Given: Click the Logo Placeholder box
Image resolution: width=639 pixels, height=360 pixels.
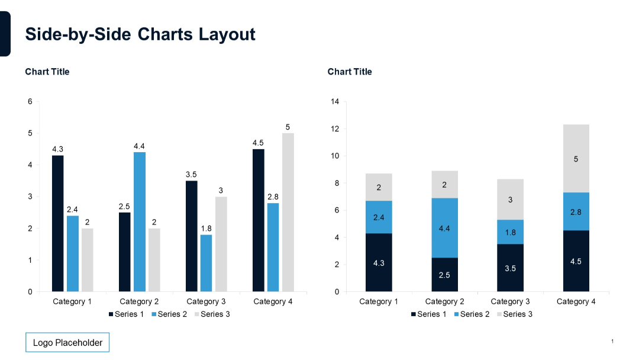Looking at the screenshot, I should click(x=67, y=342).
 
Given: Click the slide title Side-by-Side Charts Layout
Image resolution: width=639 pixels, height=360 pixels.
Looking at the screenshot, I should click(x=140, y=34).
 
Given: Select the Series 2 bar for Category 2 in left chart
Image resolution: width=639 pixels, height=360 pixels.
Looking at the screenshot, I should click(x=139, y=222).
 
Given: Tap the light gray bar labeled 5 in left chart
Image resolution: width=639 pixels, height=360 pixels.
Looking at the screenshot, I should click(x=288, y=213).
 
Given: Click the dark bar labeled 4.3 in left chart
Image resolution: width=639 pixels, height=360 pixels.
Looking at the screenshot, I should click(x=57, y=223).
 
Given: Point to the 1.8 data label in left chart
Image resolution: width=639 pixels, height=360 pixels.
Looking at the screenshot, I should click(x=206, y=229).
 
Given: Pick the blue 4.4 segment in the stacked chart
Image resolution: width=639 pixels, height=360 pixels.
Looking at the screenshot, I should click(x=444, y=228).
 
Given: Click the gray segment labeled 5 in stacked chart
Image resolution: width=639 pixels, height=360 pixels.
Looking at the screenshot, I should click(x=576, y=159).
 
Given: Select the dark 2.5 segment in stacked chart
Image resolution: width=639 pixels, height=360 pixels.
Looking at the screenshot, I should click(x=444, y=274).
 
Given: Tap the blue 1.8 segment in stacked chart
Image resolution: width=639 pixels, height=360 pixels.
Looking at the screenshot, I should click(x=510, y=232).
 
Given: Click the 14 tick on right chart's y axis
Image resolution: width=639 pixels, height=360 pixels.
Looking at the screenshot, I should click(x=335, y=102).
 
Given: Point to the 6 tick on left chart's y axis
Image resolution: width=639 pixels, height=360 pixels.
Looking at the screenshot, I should click(x=30, y=102).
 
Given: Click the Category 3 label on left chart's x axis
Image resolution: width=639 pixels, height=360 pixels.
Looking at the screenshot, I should click(x=206, y=301).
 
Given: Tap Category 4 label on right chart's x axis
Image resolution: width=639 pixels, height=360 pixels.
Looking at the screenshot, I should click(x=576, y=301).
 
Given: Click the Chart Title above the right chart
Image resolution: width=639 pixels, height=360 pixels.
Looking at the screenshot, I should click(x=350, y=72).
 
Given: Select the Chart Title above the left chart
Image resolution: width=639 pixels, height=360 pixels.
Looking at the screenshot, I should click(x=47, y=72).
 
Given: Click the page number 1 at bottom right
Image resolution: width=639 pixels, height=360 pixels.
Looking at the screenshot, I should click(x=612, y=342).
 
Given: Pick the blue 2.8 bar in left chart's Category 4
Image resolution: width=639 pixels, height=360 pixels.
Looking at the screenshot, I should click(x=273, y=247).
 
